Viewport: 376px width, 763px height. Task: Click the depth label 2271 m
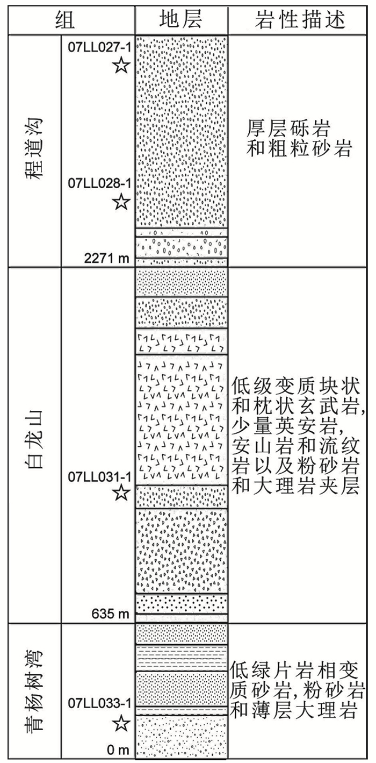click(x=107, y=259)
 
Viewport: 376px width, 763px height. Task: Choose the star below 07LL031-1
click(x=122, y=492)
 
